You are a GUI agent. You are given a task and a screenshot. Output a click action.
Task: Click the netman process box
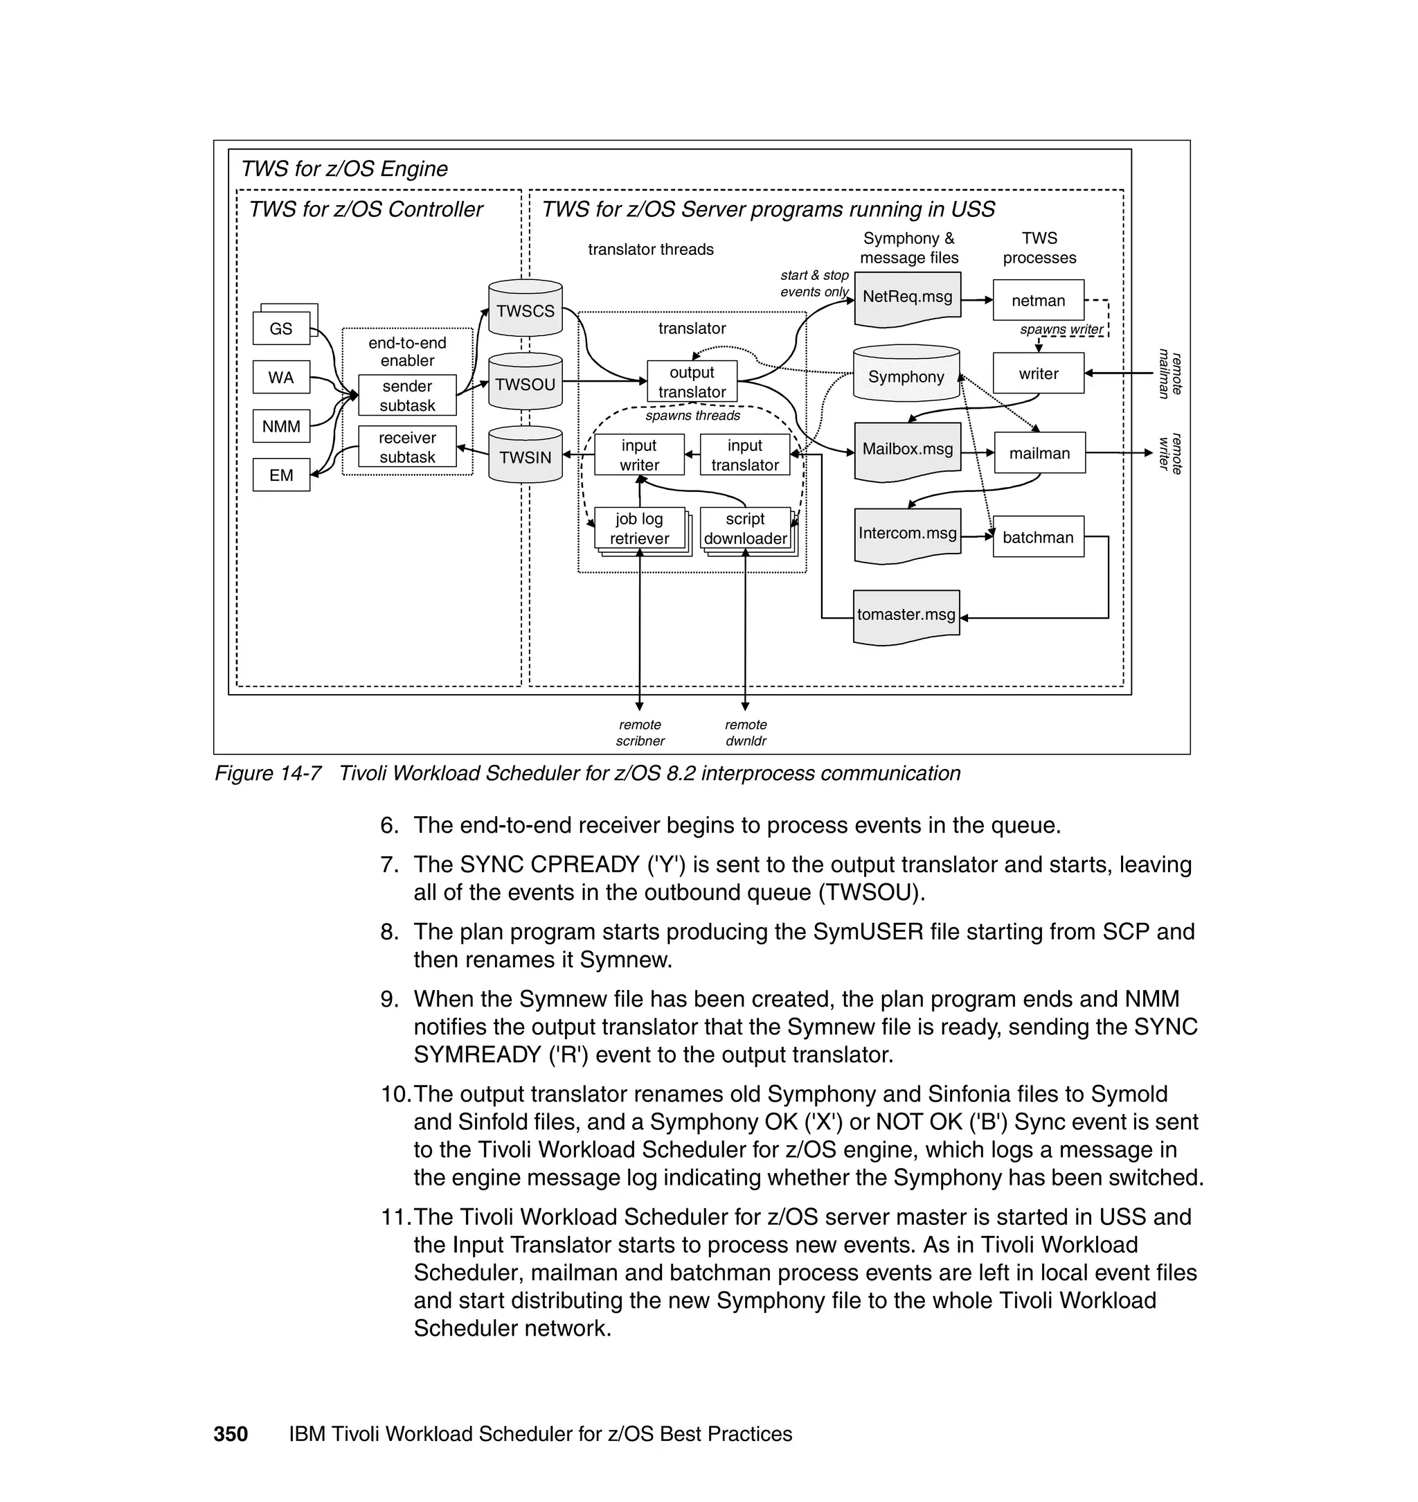point(1038,300)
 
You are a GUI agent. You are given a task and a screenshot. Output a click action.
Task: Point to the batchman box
point(1038,537)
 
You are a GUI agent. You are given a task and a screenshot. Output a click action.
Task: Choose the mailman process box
point(1039,453)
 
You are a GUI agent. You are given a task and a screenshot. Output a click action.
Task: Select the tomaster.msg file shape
point(906,616)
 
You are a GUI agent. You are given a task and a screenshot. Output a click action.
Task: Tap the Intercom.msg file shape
point(907,534)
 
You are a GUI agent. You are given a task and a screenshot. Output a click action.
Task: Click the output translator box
point(692,382)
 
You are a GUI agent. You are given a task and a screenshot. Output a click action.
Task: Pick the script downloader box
point(745,528)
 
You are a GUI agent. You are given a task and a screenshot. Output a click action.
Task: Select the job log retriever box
point(640,528)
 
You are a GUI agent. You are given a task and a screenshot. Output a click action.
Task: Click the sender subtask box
point(406,395)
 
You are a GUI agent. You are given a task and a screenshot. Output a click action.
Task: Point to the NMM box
point(281,427)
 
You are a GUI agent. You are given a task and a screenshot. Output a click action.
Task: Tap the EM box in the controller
point(281,475)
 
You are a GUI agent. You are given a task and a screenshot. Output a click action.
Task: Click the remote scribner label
point(640,733)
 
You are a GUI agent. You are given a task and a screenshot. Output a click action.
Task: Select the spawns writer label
point(1061,330)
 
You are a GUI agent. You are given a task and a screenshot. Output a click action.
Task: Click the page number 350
point(231,1434)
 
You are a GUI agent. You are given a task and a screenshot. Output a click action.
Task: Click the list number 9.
point(389,999)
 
